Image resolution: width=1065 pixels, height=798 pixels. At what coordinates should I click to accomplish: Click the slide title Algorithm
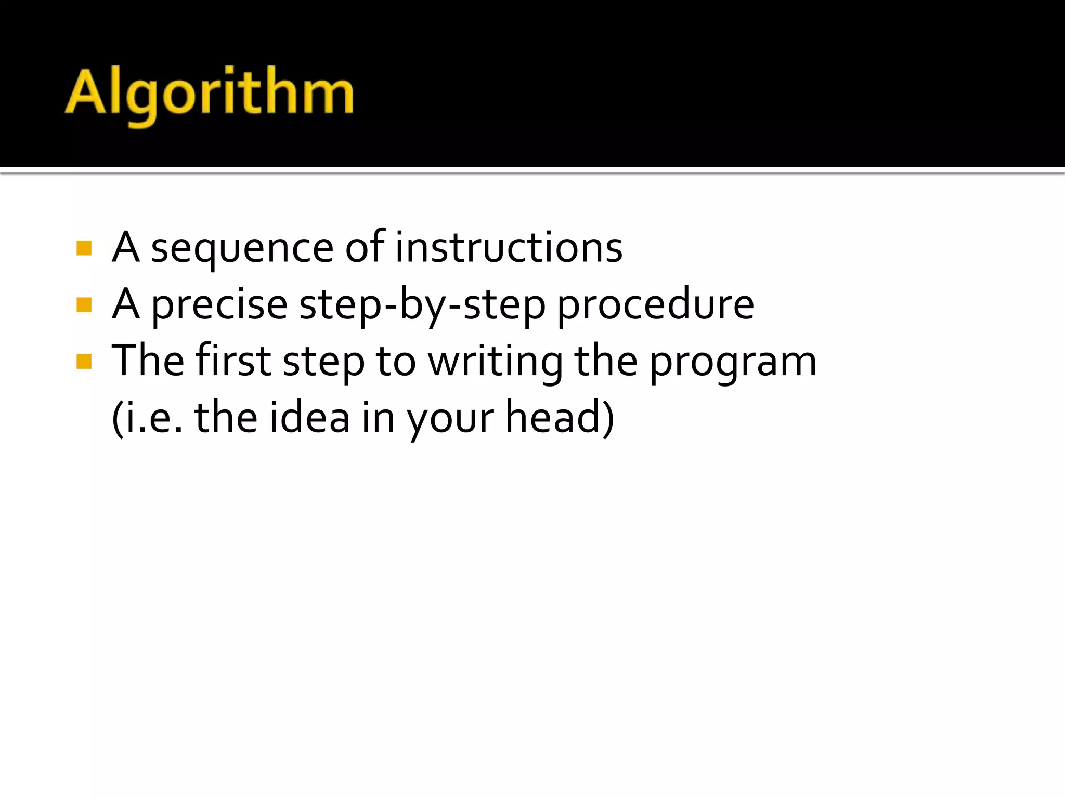[209, 94]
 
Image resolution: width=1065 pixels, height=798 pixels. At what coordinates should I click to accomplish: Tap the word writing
[496, 362]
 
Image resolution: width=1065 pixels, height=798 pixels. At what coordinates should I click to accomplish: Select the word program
[733, 363]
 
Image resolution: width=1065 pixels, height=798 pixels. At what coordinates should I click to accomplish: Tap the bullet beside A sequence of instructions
[84, 248]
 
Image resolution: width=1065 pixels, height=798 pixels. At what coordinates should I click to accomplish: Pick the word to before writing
[396, 362]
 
